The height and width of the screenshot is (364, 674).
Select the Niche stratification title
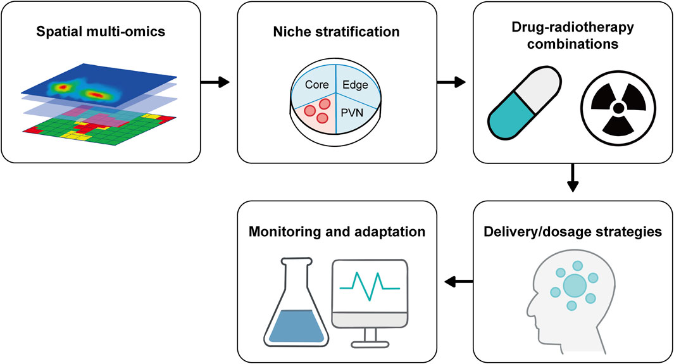click(337, 30)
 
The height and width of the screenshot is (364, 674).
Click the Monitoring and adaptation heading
click(337, 232)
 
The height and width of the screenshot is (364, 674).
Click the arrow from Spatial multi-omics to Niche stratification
click(213, 82)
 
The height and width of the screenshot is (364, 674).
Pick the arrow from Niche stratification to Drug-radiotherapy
click(452, 82)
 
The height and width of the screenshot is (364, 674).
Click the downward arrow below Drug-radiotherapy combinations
click(573, 179)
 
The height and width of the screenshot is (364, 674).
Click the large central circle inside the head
click(575, 284)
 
